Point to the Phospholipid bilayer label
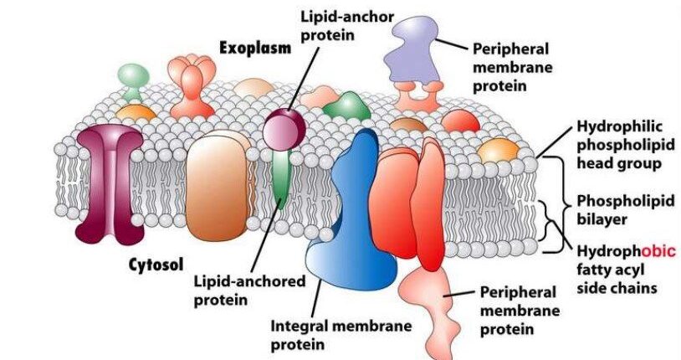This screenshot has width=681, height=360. coord(617,212)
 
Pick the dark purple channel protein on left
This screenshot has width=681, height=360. coord(109,180)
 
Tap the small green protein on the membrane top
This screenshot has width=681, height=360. coord(347,105)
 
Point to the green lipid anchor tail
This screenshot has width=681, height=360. coord(280,176)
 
